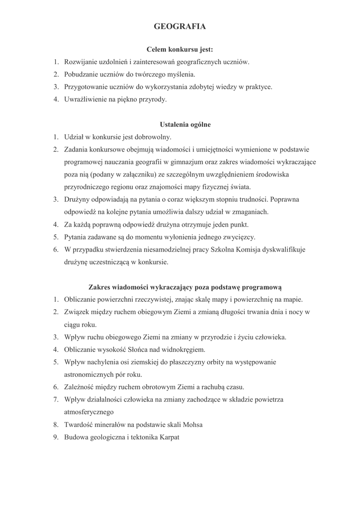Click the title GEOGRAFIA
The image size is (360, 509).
pos(180,27)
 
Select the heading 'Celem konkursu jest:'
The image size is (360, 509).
pos(180,50)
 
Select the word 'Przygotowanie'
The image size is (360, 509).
pos(85,87)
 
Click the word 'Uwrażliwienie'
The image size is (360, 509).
pos(85,99)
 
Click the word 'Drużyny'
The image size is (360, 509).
pos(77,200)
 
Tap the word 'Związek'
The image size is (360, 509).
pos(77,312)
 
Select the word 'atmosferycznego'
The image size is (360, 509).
pos(89,412)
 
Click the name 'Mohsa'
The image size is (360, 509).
pos(193,425)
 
